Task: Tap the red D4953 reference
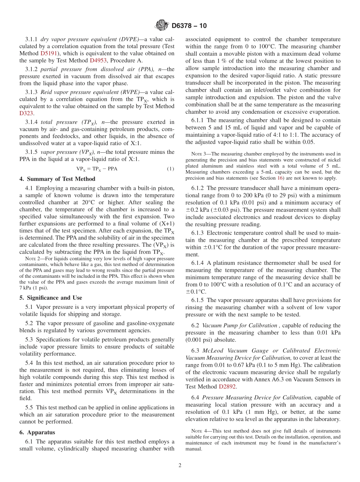tap(98, 61)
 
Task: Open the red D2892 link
tap(226, 387)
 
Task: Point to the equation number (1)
tap(171, 169)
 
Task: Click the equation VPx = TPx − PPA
tap(97, 169)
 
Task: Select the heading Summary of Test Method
tap(57, 179)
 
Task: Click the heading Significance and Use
tap(51, 298)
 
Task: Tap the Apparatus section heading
tap(37, 432)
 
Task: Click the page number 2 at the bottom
tap(180, 466)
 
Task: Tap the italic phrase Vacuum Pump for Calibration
tap(240, 326)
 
